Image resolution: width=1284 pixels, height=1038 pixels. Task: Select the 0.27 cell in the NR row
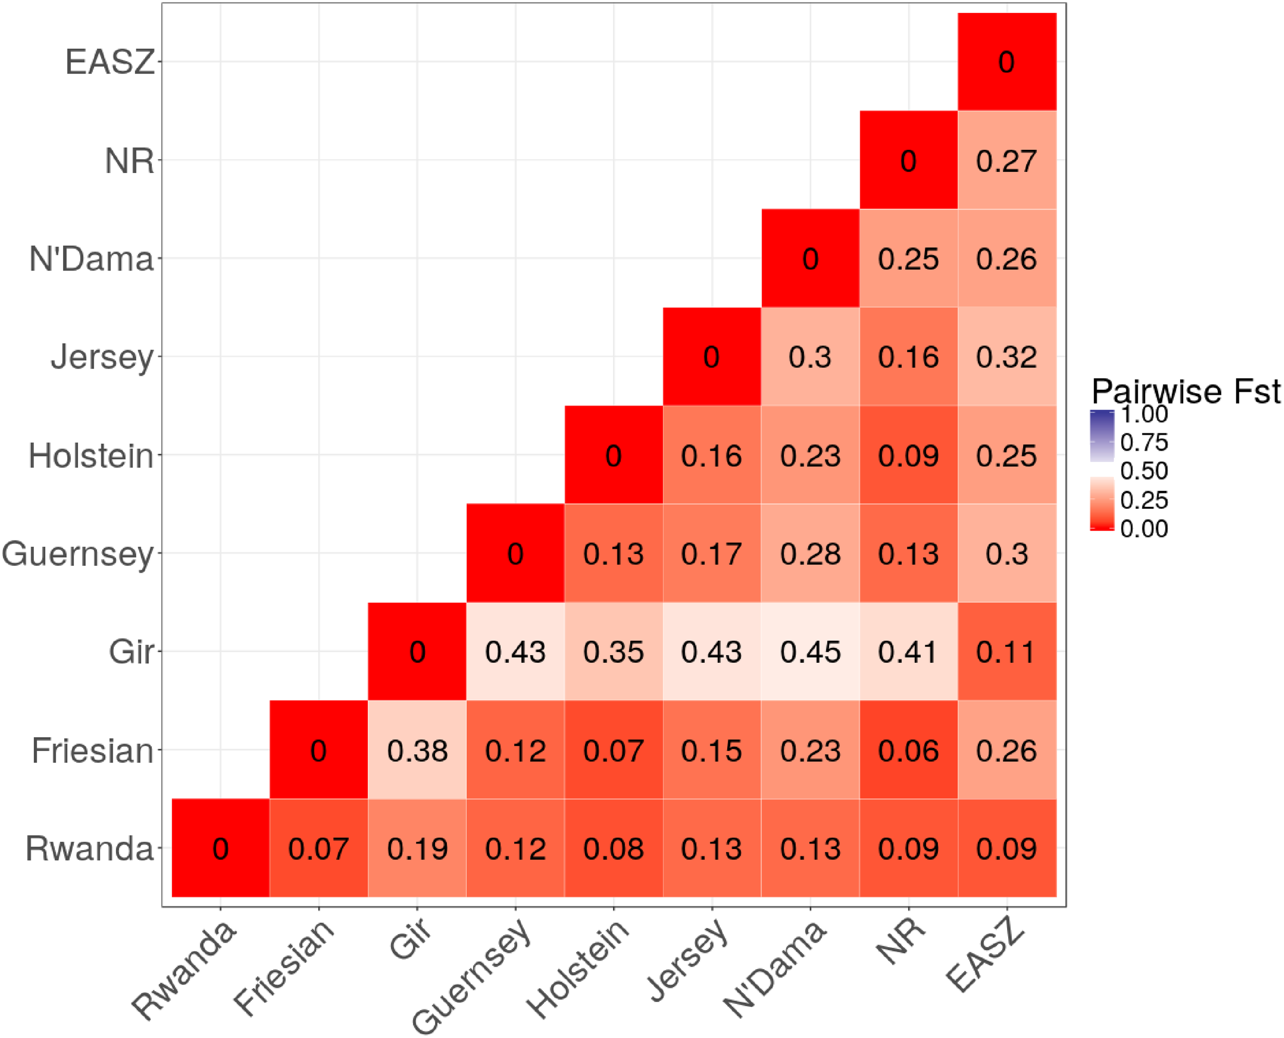(x=1007, y=160)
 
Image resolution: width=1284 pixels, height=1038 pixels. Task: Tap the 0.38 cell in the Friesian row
(x=417, y=750)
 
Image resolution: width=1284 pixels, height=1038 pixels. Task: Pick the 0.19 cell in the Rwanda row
(x=417, y=848)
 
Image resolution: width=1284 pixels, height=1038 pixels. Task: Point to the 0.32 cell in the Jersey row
(x=1007, y=357)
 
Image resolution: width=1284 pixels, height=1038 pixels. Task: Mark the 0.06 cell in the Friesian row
(x=908, y=750)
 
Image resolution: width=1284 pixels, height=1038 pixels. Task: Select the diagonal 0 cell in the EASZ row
(x=1007, y=62)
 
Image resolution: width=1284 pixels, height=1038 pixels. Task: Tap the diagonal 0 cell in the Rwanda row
(x=220, y=848)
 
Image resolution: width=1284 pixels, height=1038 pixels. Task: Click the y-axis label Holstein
(x=91, y=456)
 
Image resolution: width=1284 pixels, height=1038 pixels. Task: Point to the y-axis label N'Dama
(x=91, y=259)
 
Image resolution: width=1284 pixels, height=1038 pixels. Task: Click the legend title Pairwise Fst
(x=1185, y=392)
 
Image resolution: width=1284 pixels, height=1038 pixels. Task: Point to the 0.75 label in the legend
(x=1143, y=443)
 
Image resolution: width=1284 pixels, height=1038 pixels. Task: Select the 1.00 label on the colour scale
(x=1143, y=414)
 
